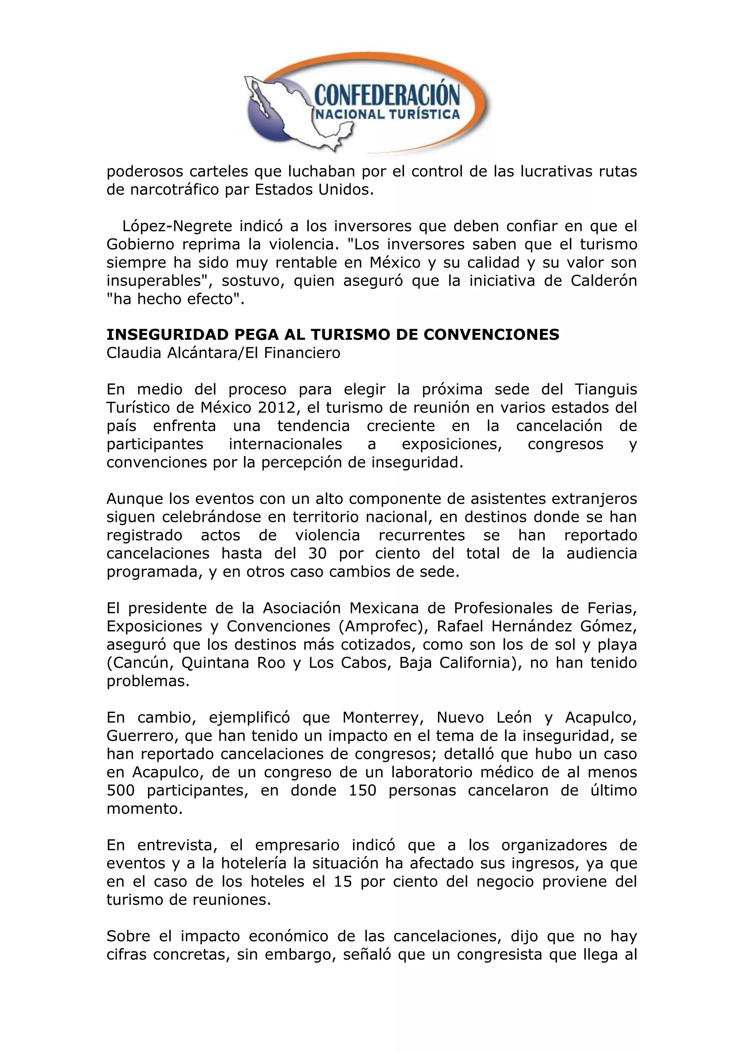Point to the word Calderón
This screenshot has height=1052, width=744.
point(603,281)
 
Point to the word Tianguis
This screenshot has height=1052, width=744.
point(605,389)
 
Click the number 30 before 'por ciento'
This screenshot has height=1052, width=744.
point(317,554)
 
